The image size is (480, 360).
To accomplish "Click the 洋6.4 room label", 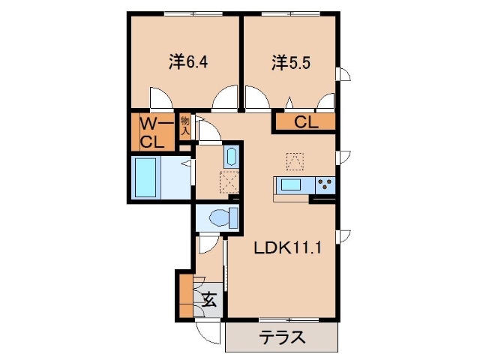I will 188,61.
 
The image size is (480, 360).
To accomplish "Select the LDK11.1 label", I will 286,248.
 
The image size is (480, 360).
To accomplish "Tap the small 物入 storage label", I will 184,127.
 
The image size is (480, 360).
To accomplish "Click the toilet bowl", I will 220,218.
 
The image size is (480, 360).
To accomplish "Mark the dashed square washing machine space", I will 229,182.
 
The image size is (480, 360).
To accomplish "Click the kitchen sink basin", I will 291,184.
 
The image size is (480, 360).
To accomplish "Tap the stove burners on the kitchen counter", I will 325,184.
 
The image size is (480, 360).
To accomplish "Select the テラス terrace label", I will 282,337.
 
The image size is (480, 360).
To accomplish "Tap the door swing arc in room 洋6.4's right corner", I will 223,97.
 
